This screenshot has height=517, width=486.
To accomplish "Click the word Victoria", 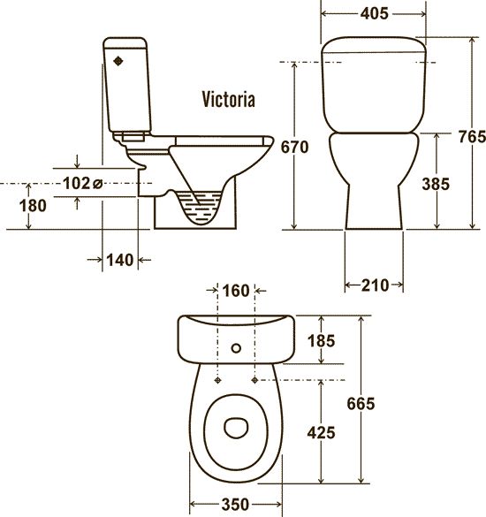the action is point(228,99).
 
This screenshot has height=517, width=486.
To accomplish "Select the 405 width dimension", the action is point(375,13).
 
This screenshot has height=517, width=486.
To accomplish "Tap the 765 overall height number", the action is point(472,136).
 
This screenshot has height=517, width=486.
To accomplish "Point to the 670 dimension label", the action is point(294,147).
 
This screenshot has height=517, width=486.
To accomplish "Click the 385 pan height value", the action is point(436,184).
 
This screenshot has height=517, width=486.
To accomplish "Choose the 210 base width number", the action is point(376,285).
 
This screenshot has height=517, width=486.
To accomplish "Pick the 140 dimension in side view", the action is point(120,260).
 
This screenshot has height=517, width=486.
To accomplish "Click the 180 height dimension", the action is point(33,206).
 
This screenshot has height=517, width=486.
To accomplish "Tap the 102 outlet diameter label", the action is point(82,183).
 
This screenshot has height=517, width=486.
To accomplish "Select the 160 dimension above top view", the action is point(236,291).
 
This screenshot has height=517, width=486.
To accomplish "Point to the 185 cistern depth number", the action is point(321,340).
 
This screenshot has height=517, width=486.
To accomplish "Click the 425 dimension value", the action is point(321,432).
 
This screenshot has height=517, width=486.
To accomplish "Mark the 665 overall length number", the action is point(361,404).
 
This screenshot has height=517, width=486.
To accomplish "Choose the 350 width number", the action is point(235,505).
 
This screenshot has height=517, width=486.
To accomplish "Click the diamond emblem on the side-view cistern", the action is point(118,61).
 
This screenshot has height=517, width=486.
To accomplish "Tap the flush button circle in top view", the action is point(236,348).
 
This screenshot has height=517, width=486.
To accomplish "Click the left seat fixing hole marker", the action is point(217,381).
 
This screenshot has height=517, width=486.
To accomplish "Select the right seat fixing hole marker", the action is point(254,381).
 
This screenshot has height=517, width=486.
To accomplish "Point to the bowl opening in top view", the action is point(236,428).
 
